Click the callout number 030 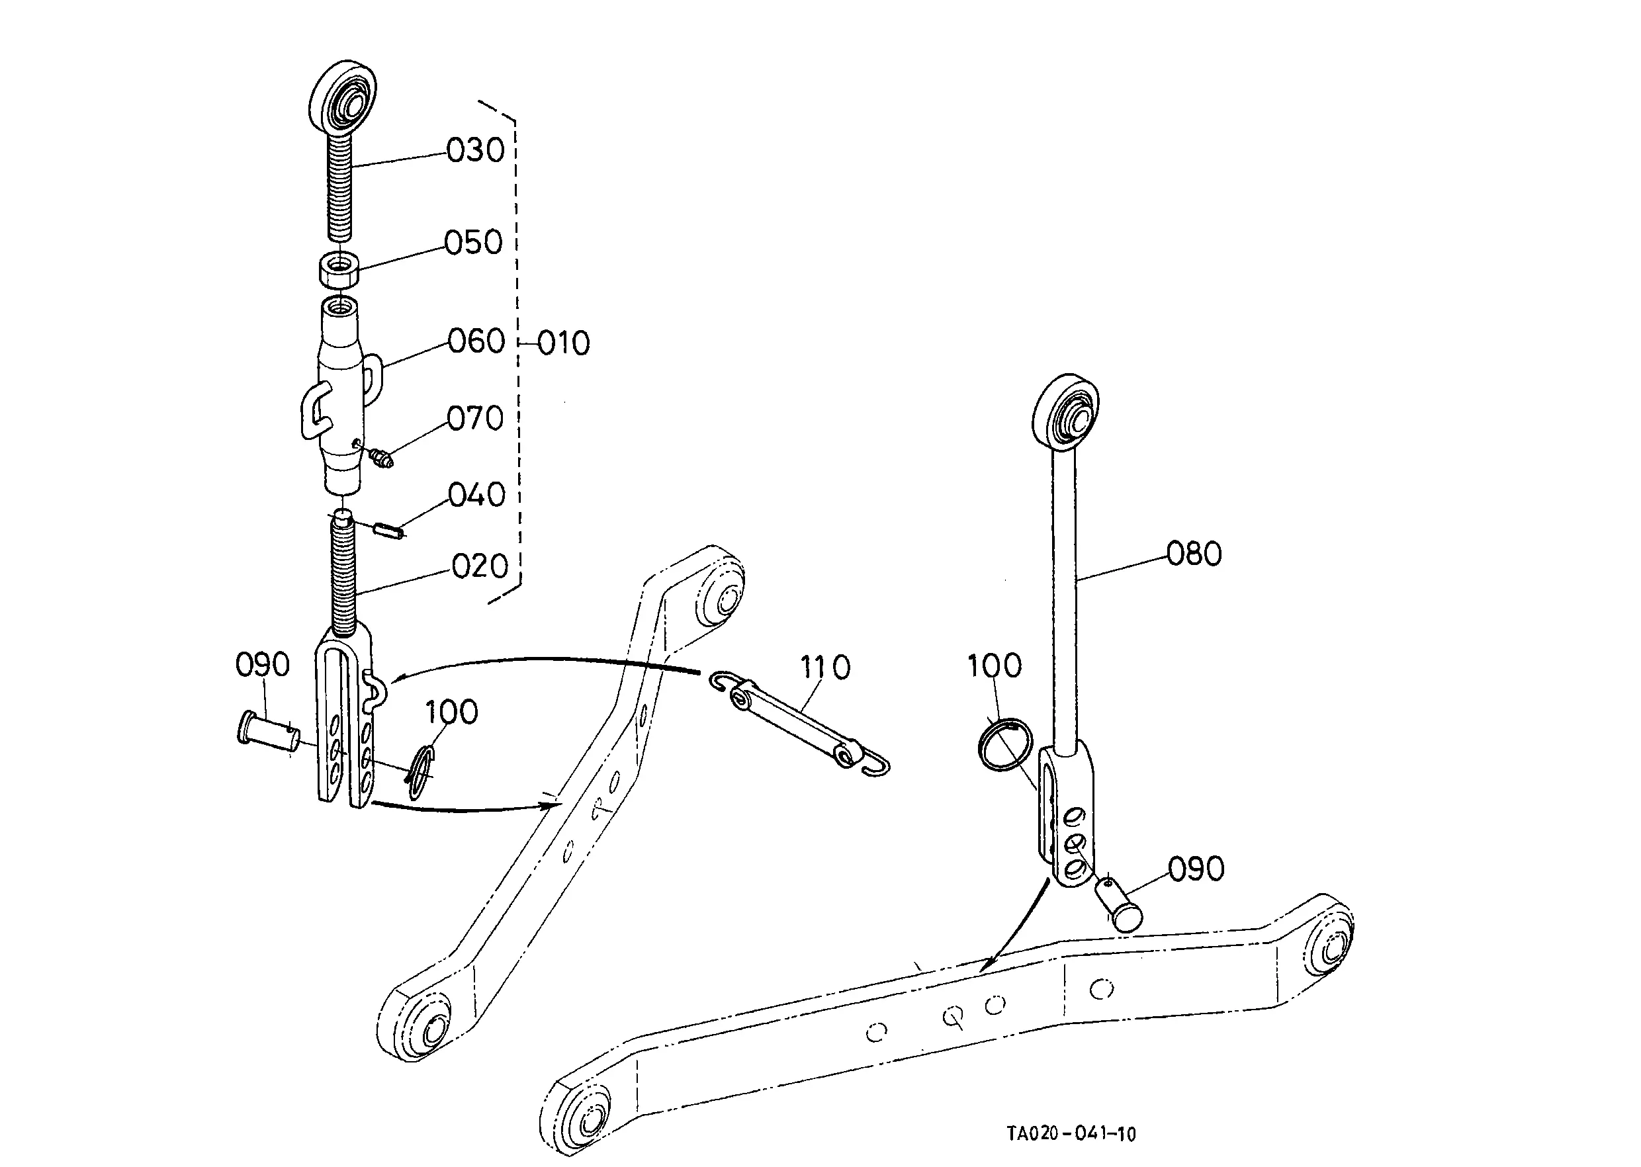click(x=475, y=150)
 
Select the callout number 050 click(x=473, y=243)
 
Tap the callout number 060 click(x=476, y=341)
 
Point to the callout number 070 click(x=475, y=418)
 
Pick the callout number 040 click(x=476, y=495)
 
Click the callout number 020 click(x=480, y=566)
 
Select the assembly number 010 click(x=564, y=343)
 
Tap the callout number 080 click(x=1194, y=554)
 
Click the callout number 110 click(x=825, y=668)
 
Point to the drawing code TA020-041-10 click(x=1071, y=1134)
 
